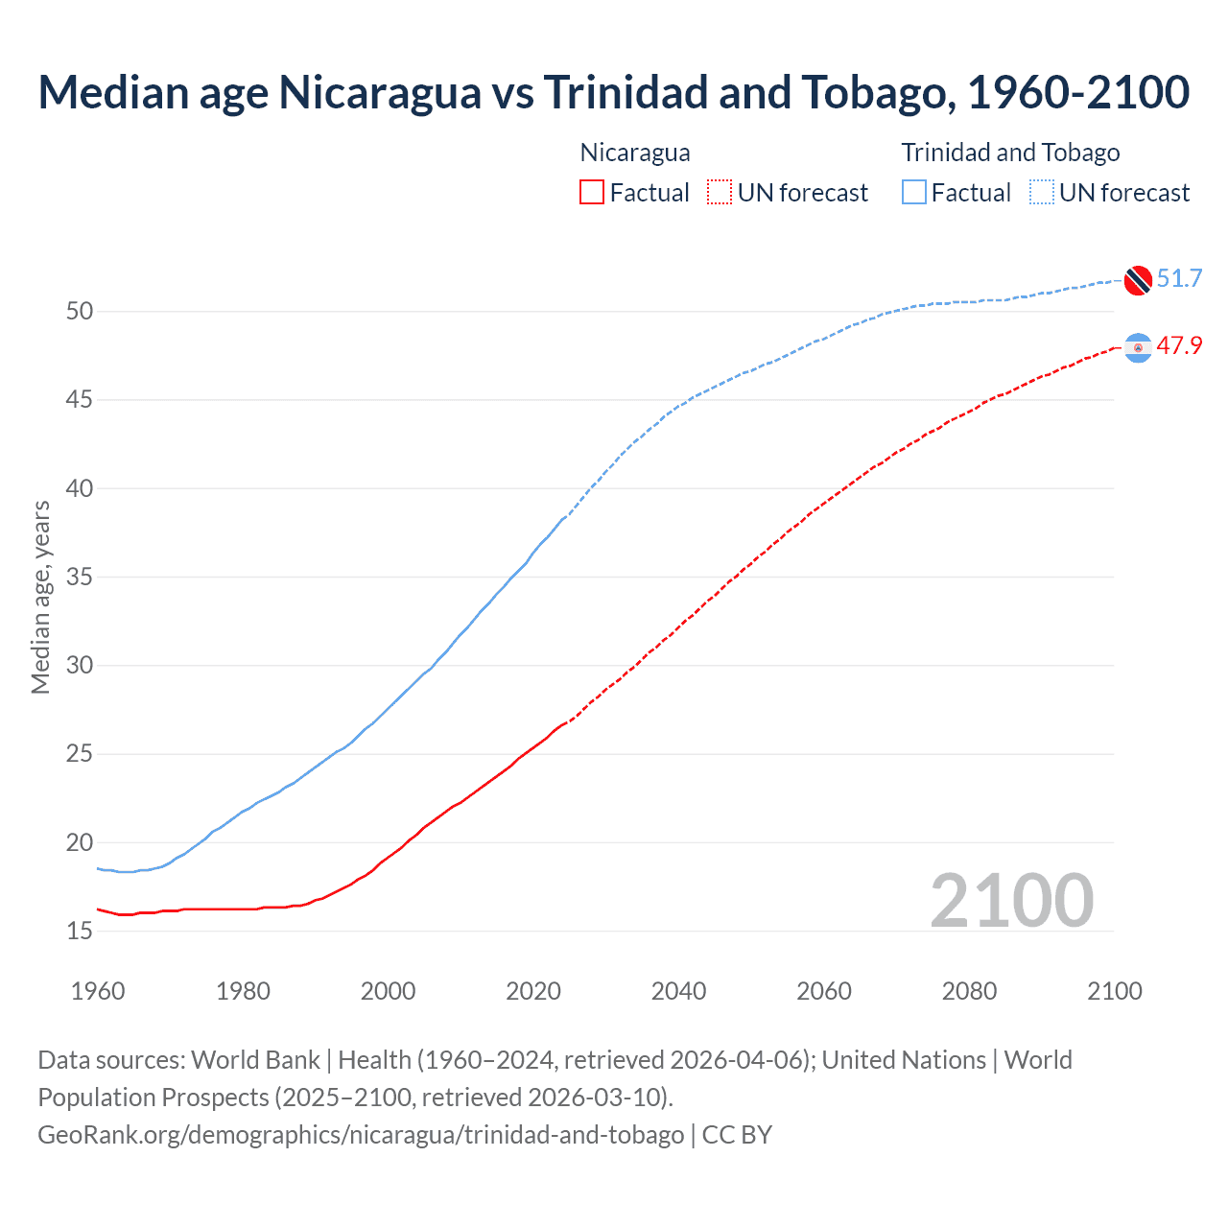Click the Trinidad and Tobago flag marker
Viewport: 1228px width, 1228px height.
1138,279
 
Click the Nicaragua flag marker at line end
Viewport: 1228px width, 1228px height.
1138,347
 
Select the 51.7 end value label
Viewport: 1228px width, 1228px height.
1179,279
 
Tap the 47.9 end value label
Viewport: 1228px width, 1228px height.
1179,346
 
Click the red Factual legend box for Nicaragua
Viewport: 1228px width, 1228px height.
592,193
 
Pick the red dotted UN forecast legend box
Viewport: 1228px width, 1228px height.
720,193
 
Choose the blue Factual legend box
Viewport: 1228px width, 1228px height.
914,193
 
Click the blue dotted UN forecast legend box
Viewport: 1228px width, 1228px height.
1042,193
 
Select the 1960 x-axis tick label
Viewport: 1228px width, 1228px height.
98,991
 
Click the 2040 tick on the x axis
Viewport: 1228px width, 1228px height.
678,991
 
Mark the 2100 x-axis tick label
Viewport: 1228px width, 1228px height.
1114,991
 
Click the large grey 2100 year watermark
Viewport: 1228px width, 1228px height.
1011,900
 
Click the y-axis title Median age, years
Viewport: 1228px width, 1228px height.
40,597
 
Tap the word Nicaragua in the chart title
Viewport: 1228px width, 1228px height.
380,92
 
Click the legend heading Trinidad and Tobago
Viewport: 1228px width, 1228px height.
1010,153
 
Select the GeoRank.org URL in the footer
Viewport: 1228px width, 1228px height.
361,1135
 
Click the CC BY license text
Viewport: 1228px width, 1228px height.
737,1135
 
